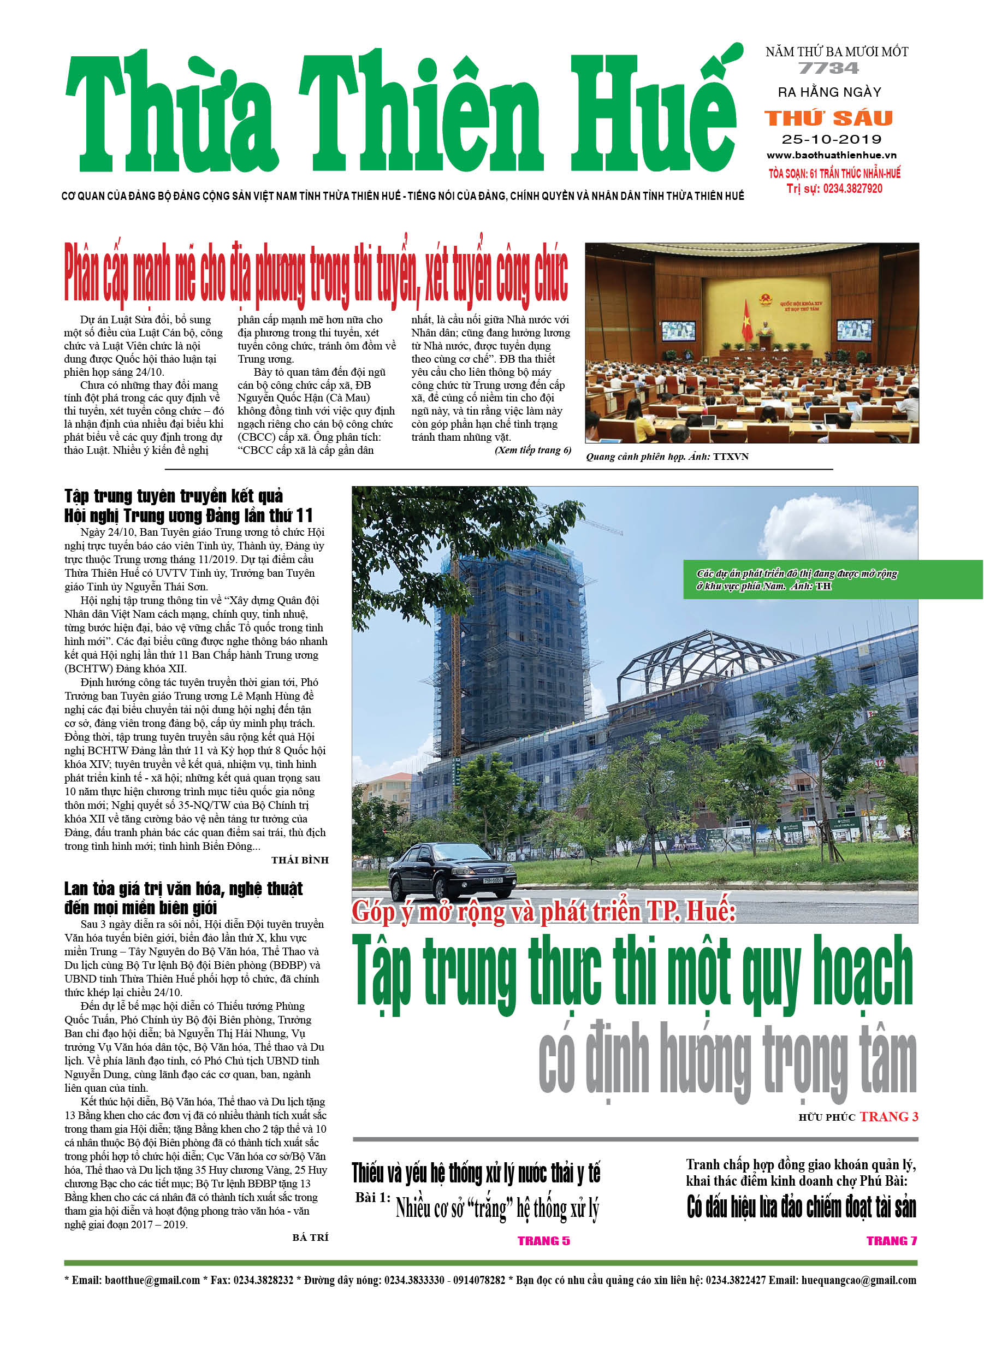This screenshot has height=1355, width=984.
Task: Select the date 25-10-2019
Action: [831, 139]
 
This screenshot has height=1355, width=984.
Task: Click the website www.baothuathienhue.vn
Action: [831, 155]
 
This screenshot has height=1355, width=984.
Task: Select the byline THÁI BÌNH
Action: [300, 860]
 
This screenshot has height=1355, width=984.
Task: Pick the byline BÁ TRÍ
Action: [310, 1237]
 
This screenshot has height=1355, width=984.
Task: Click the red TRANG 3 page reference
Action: [888, 1117]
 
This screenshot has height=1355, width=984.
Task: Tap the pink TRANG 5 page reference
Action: [543, 1241]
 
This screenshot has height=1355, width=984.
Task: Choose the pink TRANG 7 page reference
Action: [891, 1241]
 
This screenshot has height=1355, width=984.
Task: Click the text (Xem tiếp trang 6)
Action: [532, 450]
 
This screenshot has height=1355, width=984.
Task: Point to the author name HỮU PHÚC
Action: [826, 1117]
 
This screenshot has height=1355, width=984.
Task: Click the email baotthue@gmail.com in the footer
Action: [152, 1280]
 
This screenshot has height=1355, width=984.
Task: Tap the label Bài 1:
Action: [373, 1198]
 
